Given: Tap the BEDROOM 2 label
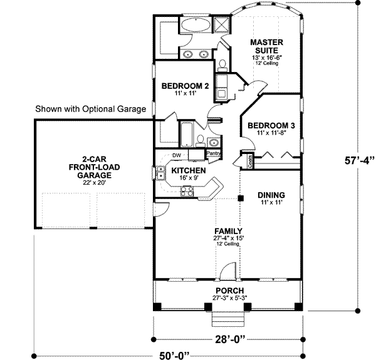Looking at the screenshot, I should click(x=181, y=86).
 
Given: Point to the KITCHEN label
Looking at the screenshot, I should click(x=185, y=170).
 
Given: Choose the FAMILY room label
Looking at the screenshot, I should click(x=227, y=231).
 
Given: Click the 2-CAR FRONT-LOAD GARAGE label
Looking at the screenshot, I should click(x=91, y=167).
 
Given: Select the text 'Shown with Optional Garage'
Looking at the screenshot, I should click(x=90, y=108).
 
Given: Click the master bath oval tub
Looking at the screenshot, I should click(x=197, y=26).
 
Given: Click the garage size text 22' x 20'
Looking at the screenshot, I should click(x=91, y=183).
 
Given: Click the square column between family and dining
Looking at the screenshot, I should click(x=240, y=199).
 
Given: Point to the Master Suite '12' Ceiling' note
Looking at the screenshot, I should click(x=268, y=63).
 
